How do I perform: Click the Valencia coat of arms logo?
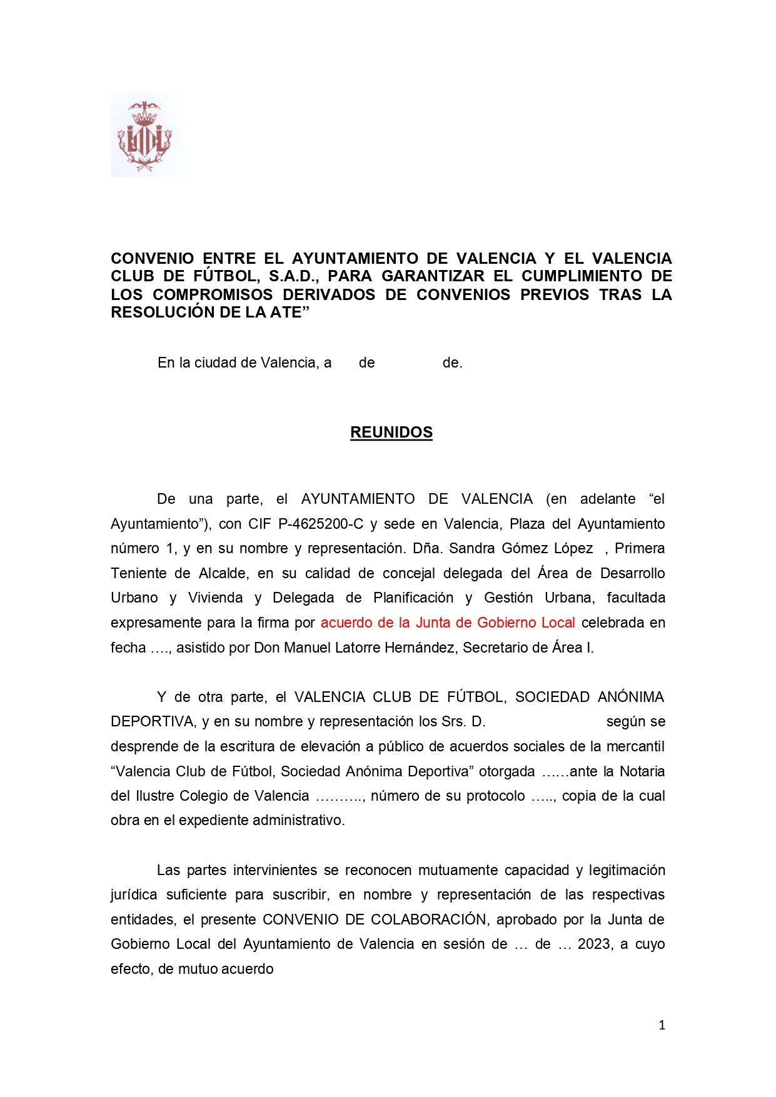pyautogui.click(x=146, y=135)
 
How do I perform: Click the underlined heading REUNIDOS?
pyautogui.click(x=391, y=433)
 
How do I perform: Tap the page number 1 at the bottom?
pyautogui.click(x=662, y=1025)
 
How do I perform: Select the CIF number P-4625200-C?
pyautogui.click(x=320, y=524)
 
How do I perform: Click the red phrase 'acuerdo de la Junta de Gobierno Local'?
pyautogui.click(x=448, y=623)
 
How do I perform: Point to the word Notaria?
pyautogui.click(x=642, y=771)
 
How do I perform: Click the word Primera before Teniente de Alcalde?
pyautogui.click(x=639, y=548)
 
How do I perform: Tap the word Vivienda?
pyautogui.click(x=215, y=598)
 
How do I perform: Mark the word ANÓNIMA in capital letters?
pyautogui.click(x=630, y=697)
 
